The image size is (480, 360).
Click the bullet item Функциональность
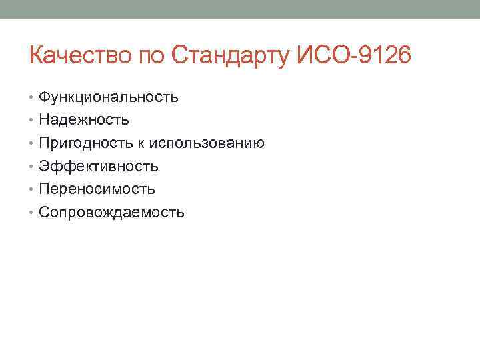click(x=108, y=97)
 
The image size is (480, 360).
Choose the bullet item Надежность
click(x=84, y=120)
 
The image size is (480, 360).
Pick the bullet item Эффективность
click(x=98, y=166)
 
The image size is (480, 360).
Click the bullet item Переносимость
click(x=97, y=189)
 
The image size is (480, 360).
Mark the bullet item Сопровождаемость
click(x=111, y=213)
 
